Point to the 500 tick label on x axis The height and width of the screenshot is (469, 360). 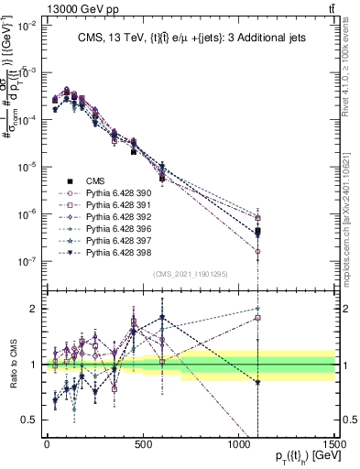tap(143, 442)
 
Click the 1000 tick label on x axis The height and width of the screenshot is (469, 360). tap(239, 442)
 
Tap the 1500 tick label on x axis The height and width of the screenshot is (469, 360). tap(333, 442)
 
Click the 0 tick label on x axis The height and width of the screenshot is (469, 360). tap(47, 442)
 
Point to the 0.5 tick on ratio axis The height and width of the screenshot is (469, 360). tap(30, 420)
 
